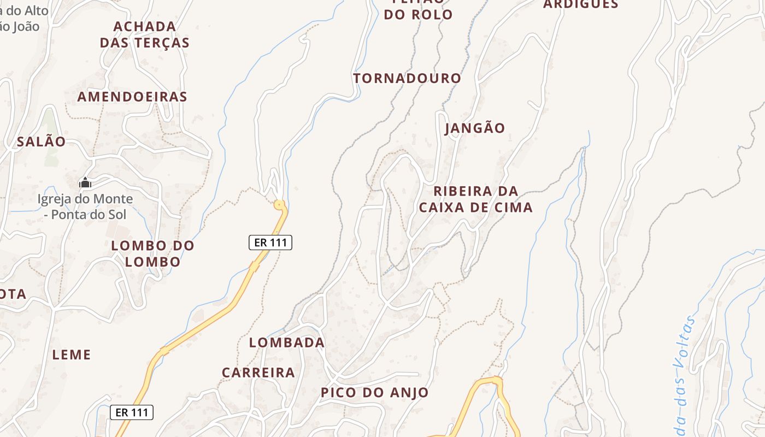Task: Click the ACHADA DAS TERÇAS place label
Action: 145,34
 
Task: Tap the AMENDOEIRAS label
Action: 132,97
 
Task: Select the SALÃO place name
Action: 41,141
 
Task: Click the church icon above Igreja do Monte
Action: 85,182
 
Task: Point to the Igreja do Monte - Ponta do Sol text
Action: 85,206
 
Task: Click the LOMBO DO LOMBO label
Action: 152,253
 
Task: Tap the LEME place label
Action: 72,355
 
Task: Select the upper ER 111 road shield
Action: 270,243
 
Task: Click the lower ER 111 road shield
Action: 132,412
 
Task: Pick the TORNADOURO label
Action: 407,78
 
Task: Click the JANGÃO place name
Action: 475,128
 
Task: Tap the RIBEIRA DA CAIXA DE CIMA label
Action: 475,199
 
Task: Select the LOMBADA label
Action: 287,342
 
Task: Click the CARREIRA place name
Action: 258,373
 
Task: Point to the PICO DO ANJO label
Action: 374,392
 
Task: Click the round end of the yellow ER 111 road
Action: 280,205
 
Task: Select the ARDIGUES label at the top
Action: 580,4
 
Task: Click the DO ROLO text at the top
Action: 418,14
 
